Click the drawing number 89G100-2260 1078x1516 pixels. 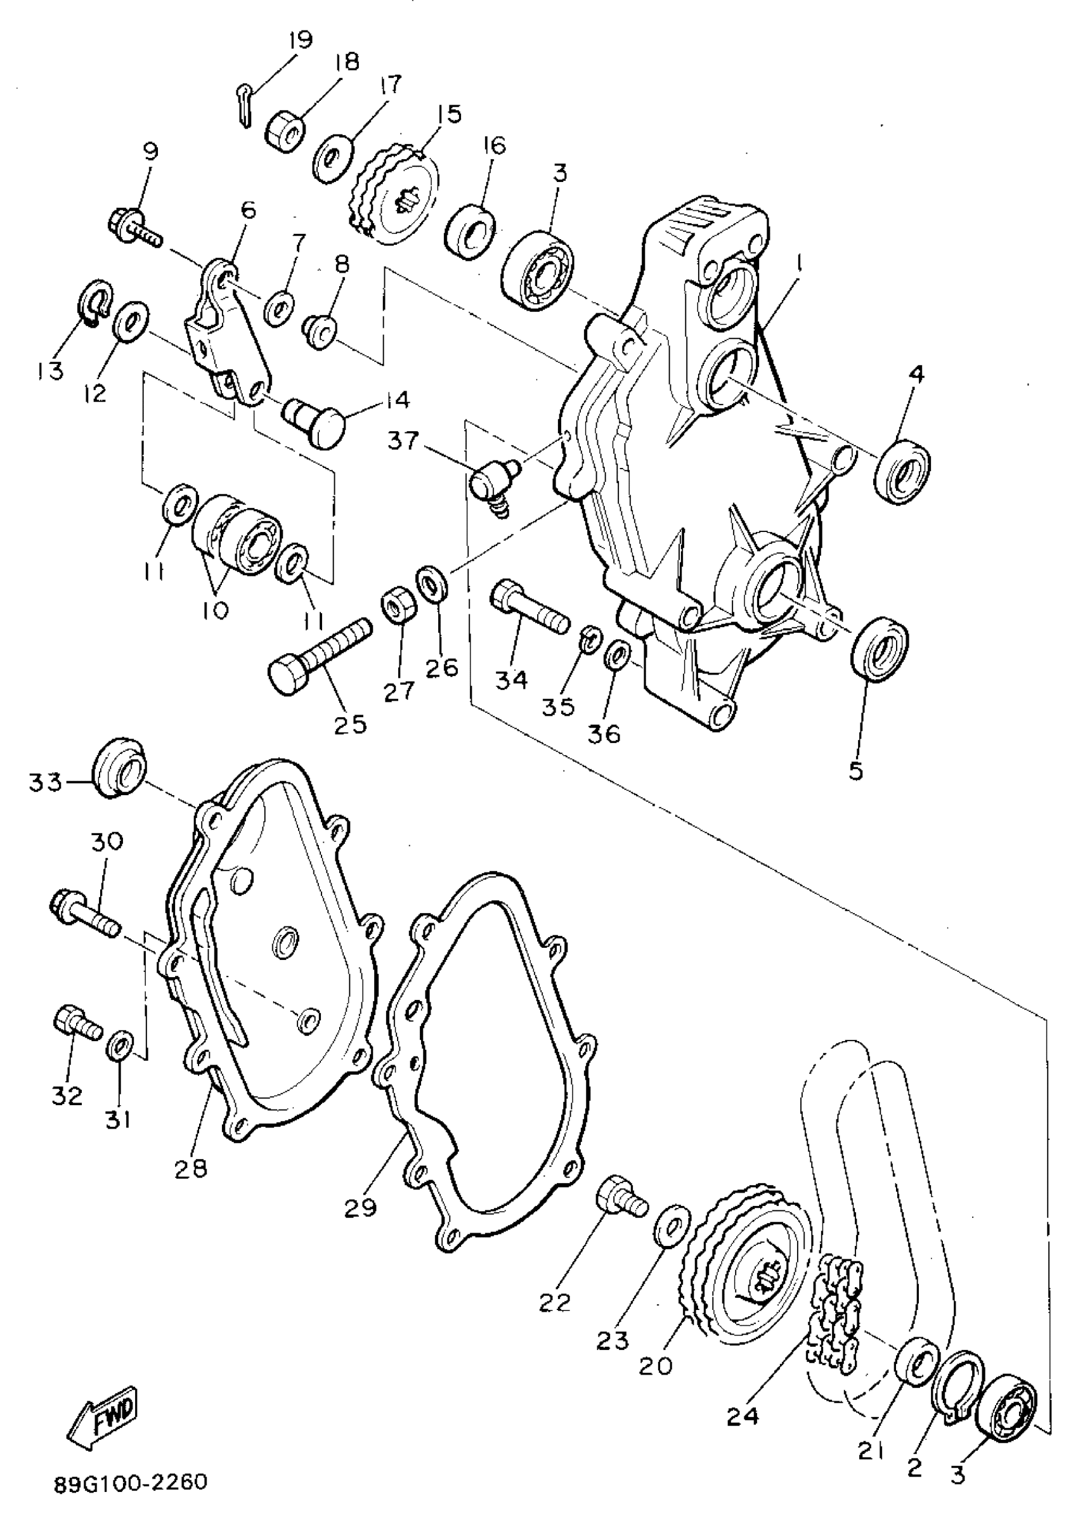[131, 1482]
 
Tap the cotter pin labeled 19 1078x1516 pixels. [244, 106]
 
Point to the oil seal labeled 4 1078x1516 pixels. [902, 469]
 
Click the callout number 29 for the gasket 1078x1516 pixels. [360, 1206]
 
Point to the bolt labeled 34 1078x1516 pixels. [529, 606]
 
